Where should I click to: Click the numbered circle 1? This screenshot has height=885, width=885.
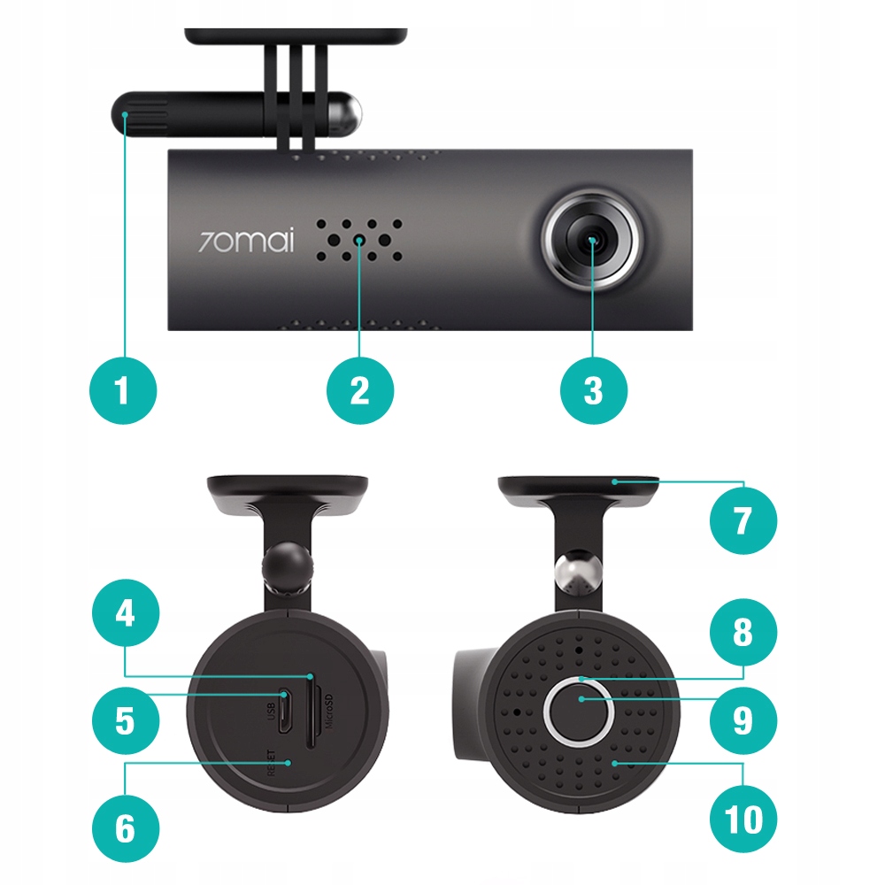coord(123,390)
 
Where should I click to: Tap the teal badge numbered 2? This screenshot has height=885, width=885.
coord(360,390)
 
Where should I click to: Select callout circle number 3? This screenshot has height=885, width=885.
coord(593,390)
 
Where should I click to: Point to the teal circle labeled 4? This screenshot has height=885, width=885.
coord(126,613)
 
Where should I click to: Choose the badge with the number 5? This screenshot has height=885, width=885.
coord(126,720)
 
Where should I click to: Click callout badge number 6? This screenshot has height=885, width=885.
coord(126,828)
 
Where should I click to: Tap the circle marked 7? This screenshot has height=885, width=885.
coord(743,520)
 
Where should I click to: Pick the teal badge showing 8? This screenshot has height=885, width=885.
coord(743,632)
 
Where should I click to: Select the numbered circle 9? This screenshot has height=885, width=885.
coord(743,720)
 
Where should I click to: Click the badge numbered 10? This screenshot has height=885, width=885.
coord(743,820)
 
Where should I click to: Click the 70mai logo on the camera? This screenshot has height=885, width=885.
coord(246,240)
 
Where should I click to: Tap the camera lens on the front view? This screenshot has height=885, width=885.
coord(591,241)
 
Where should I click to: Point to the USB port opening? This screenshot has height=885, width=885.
coord(284,712)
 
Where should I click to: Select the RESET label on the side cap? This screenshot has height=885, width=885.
coord(272,763)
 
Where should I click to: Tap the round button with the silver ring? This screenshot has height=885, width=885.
coord(579,712)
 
